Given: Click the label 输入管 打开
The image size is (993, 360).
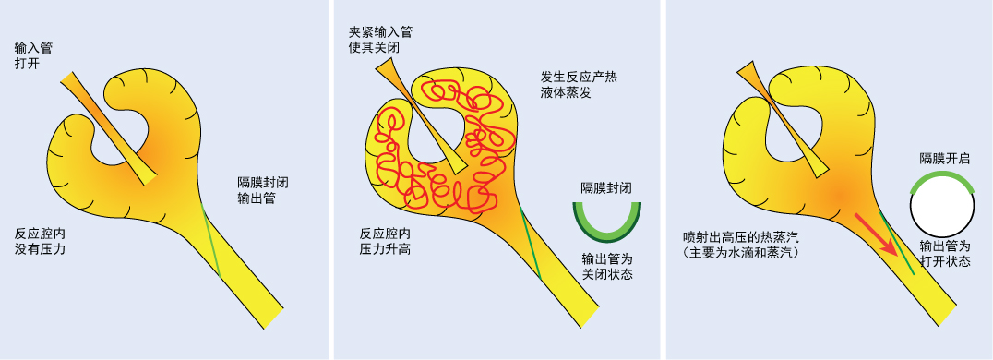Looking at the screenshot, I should (33, 55).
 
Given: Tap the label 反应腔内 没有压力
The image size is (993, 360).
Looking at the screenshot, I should (40, 241).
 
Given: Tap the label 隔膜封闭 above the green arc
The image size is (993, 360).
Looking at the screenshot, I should (605, 187).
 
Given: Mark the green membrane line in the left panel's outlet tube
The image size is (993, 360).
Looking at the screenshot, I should (212, 242).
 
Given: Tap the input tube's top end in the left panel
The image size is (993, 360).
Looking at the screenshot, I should (68, 79).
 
